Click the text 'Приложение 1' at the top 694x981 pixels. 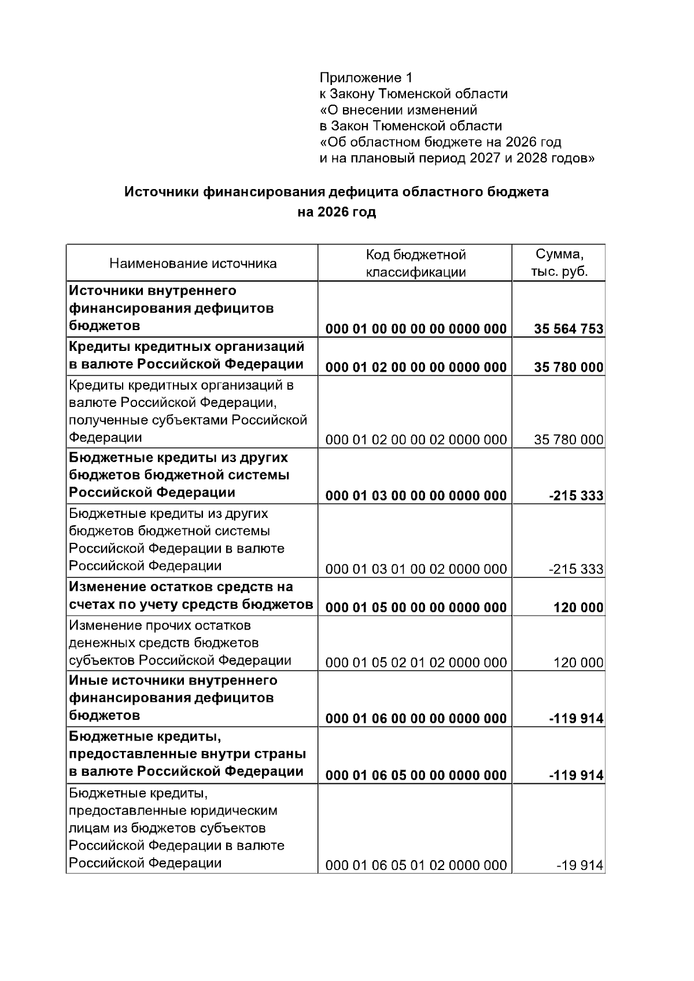pos(367,77)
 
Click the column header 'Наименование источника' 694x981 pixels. pos(193,264)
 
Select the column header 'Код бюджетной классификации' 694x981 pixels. pos(415,264)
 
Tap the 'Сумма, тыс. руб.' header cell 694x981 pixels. pos(559,263)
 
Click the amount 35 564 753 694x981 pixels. pos(569,329)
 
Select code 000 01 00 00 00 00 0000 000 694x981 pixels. pos(416,329)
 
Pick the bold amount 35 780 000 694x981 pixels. pos(569,367)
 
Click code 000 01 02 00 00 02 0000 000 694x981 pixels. pos(416,440)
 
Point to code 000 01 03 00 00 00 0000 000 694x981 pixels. pos(416,495)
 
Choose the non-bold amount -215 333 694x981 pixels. pos(575,569)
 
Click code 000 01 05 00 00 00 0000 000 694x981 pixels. pos(416,607)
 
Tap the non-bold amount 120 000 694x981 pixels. pos(578,662)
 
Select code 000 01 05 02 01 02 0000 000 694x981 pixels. pos(416,662)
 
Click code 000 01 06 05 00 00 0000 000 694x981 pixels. pos(416,775)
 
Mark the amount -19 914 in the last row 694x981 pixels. pos(579,865)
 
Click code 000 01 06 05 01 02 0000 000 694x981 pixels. pos(416,865)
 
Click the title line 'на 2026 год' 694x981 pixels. pos(337,212)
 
